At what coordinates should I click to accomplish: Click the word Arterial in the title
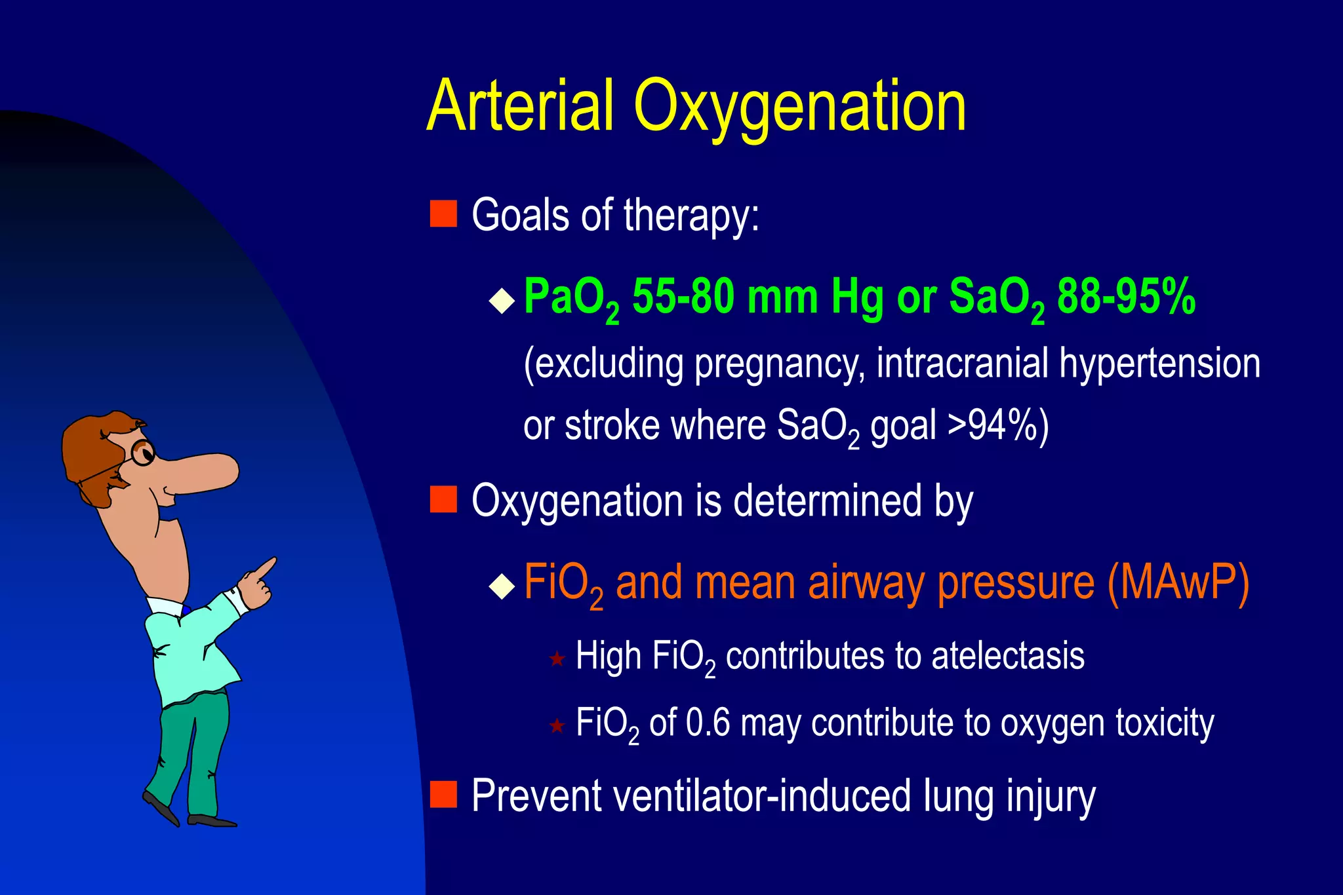tap(520, 106)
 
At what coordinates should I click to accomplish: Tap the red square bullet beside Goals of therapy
tap(443, 214)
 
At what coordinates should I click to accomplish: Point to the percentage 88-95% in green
tap(1126, 297)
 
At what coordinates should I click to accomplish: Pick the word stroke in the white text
tap(612, 426)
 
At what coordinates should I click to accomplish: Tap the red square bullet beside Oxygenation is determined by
tap(443, 499)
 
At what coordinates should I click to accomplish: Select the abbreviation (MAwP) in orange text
tap(1178, 582)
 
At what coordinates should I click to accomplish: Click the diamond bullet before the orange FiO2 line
tap(502, 586)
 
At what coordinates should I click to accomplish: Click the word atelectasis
tap(1007, 656)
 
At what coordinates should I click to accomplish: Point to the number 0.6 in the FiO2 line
tap(708, 723)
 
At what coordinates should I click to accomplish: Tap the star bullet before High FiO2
tap(557, 658)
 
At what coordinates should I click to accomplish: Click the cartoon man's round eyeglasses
tap(142, 453)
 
